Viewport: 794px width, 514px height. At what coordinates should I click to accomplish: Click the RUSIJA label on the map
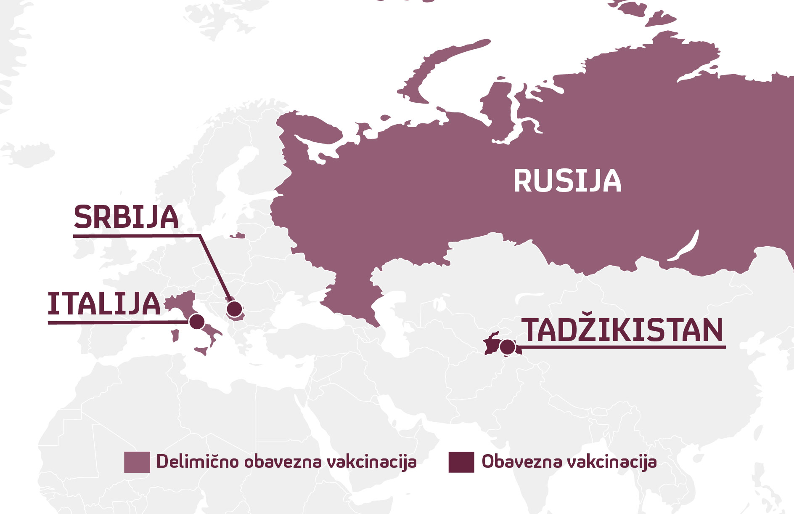567,181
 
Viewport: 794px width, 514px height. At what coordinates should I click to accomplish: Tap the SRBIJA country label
126,217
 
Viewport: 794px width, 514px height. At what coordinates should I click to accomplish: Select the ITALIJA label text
104,304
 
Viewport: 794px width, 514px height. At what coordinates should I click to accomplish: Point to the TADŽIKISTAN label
622,330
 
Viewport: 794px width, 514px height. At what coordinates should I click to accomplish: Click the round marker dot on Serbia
234,309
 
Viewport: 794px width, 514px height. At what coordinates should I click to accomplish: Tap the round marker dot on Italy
197,322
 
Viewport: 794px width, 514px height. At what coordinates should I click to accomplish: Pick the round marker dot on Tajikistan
508,347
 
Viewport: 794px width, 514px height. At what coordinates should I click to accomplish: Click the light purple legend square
137,462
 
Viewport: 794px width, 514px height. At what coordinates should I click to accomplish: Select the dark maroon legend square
461,462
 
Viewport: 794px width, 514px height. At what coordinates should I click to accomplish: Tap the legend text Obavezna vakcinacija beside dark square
569,462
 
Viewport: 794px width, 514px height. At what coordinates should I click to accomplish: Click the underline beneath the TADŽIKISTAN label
622,347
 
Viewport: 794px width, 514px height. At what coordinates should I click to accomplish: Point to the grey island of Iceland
29,152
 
